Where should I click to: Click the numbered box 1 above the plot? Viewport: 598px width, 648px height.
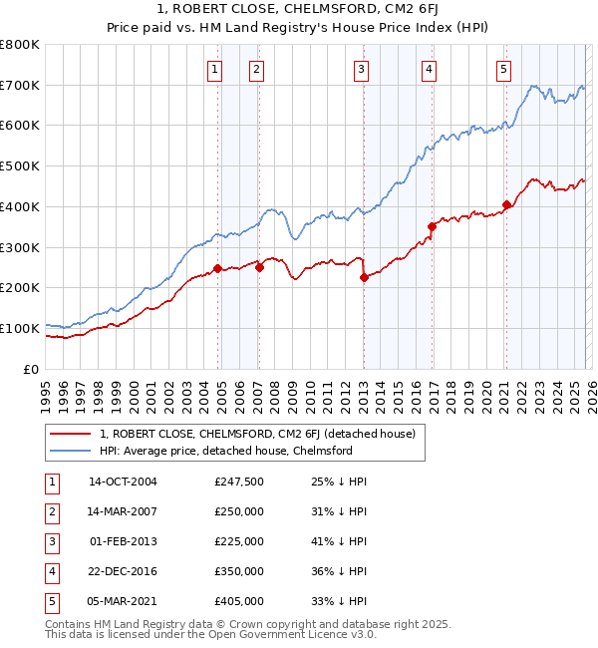point(216,69)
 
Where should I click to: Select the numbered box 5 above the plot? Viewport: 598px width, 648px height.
point(503,69)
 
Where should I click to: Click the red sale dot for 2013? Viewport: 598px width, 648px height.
point(364,278)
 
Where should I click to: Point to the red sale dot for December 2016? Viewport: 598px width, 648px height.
point(432,226)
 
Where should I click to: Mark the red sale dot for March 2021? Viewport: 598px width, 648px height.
point(506,204)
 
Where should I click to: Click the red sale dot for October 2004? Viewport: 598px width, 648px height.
point(217,268)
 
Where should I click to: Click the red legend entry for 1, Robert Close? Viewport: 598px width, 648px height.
point(263,434)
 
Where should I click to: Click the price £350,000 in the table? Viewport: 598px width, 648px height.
point(239,571)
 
